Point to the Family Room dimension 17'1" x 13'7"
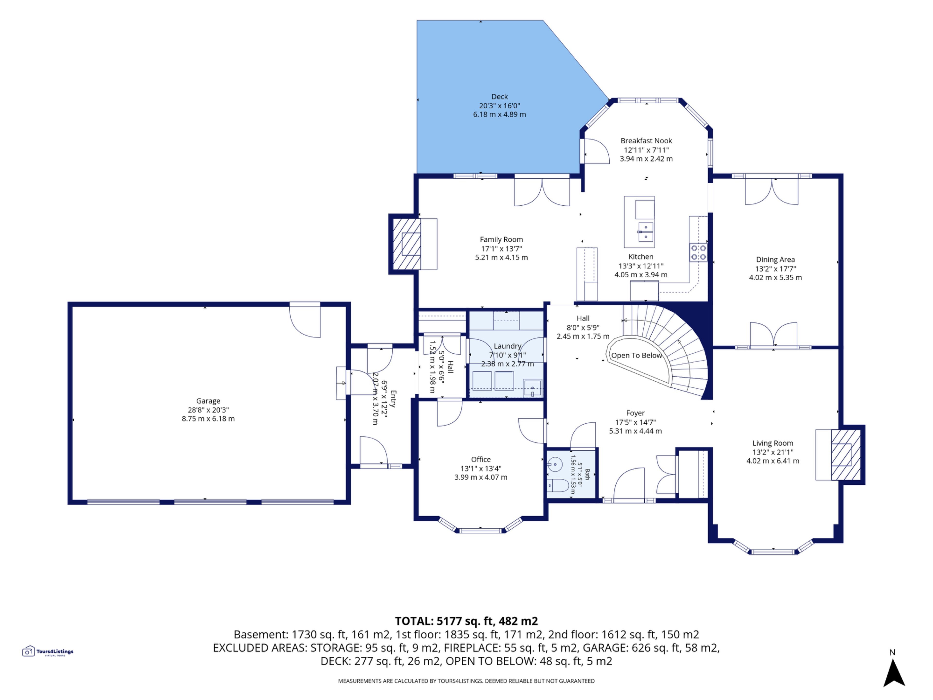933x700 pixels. (501, 248)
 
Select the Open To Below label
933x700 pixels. (637, 355)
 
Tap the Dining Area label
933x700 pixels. (775, 260)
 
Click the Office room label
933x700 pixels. (481, 459)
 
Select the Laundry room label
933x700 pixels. (507, 346)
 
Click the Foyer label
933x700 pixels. (635, 413)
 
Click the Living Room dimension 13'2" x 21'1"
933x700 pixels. (773, 452)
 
